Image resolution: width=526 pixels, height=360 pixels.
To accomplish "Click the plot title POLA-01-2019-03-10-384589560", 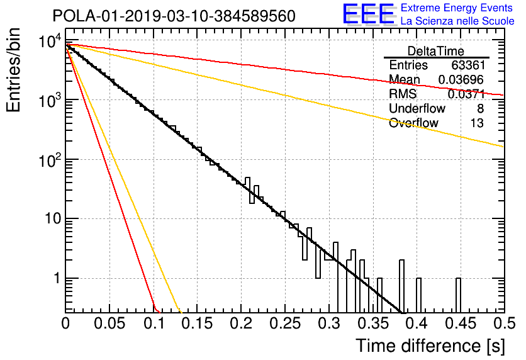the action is pos(174,16).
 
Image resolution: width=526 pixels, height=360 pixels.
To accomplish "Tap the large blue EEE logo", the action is pos(369,14).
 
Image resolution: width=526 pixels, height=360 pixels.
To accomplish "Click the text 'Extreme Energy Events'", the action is pos(457,8).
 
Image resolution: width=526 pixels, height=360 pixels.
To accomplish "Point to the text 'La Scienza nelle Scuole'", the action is pos(457,21).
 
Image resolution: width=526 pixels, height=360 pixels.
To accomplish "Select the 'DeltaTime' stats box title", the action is pos(436,51).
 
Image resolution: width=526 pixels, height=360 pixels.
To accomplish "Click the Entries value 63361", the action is pos(468,65).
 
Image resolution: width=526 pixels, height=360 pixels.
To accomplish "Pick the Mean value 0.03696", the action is pos(461,79).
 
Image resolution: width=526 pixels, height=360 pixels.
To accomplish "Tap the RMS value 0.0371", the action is pos(466,94).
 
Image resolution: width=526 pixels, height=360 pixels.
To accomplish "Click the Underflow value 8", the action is pos(480,108).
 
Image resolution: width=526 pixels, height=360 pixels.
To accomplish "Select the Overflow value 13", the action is pos(477,123).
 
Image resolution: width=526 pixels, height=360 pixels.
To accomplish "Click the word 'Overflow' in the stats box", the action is pos(413,123).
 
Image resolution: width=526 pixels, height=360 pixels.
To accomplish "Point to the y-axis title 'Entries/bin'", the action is pos(13,70).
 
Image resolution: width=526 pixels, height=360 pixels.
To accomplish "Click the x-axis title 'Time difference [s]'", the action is pos(430,346).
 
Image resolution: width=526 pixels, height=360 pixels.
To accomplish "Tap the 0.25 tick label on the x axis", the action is pos(285,323).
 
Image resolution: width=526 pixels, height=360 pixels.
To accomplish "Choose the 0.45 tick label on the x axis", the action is pos(461,323).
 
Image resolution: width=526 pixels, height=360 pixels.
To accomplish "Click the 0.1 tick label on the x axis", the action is pos(154,323).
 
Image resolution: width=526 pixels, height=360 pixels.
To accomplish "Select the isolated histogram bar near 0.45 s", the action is pos(458,295).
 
